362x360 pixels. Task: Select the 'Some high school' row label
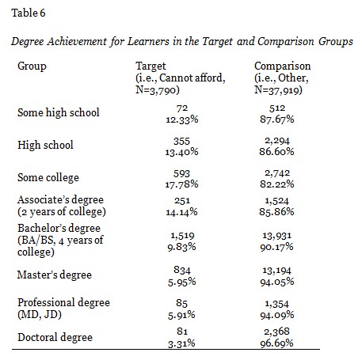tap(59, 112)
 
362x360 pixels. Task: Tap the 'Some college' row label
tap(49, 179)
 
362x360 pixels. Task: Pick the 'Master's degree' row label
tap(55, 275)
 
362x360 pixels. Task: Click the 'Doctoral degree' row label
tap(54, 337)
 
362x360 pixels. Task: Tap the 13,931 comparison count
tap(274, 236)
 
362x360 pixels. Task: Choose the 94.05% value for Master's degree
tap(274, 281)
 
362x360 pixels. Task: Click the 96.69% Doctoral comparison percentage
tap(274, 343)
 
